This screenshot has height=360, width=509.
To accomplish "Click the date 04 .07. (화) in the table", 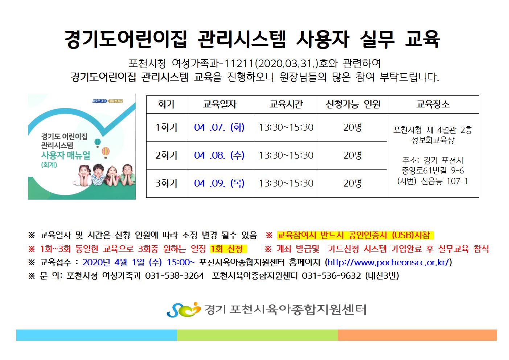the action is coord(219,127).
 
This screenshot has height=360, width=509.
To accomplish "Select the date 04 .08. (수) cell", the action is coord(219,155).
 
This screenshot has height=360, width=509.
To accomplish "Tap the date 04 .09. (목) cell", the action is coord(219,183).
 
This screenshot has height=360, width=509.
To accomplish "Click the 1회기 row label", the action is coord(166,127).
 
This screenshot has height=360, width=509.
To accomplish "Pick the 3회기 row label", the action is coord(166,183).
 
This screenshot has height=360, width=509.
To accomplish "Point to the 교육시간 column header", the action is coord(286,104).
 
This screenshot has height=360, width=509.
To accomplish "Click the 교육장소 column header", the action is coord(433,104).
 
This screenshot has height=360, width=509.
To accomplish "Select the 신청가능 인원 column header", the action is coord(353,104).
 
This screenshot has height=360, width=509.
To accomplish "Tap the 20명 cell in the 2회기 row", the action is coord(352,155).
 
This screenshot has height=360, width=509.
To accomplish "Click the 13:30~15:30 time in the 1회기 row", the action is coord(286,127).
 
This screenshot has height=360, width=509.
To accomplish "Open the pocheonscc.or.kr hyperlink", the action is coord(388,262).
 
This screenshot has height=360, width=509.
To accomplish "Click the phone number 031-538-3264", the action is coord(175,276).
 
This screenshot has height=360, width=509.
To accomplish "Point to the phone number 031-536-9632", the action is coord(331,276).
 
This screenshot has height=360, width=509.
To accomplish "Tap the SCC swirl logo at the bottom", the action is coord(184,310).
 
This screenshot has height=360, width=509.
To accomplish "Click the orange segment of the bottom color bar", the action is coord(417,335).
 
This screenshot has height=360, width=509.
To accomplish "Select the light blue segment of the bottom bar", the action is coord(97,335).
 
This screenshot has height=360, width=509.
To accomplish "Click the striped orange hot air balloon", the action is coord(106,152).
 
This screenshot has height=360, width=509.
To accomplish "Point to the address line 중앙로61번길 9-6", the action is coord(433,171).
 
